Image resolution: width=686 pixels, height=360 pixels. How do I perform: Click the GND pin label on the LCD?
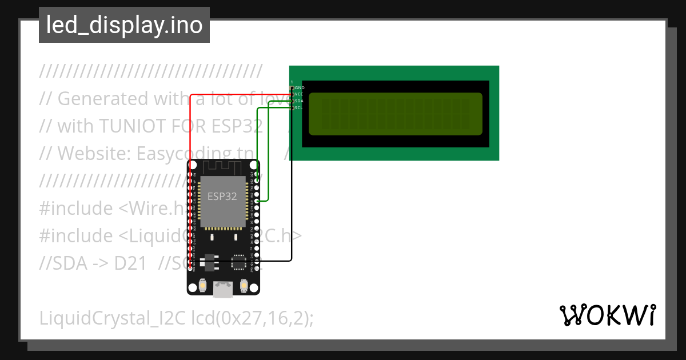[300, 87]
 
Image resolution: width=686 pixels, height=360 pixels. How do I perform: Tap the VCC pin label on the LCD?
[299, 94]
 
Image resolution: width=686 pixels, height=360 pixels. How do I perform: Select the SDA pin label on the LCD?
[299, 101]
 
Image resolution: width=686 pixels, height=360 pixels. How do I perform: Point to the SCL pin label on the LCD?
[299, 107]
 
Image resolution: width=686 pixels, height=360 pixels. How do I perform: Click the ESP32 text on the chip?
[222, 197]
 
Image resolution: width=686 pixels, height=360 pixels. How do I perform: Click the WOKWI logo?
[608, 315]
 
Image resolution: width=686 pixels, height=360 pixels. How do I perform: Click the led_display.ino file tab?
[124, 25]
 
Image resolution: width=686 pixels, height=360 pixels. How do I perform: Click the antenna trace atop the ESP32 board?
[223, 166]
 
